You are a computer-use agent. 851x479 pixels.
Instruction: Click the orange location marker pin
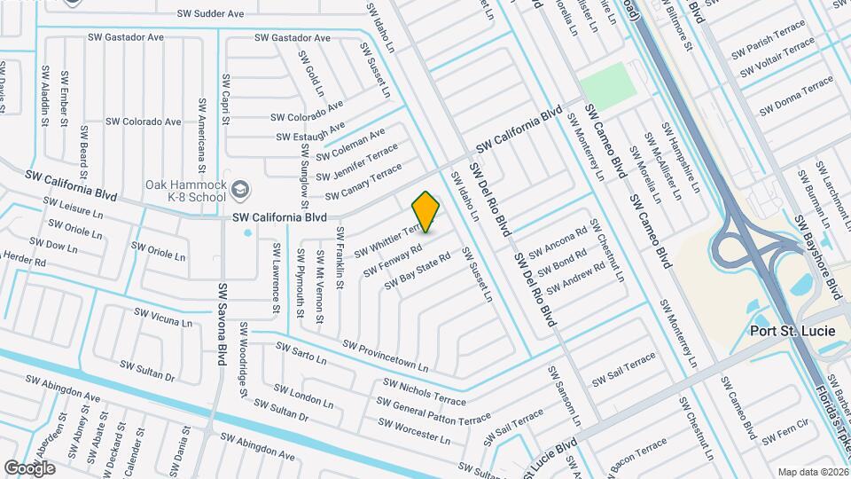[426, 211]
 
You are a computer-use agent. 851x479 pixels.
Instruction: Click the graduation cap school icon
[241, 190]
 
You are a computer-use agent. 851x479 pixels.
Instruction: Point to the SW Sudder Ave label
[210, 14]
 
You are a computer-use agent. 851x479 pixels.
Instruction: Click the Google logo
[29, 467]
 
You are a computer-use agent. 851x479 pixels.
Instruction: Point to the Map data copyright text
[812, 472]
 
